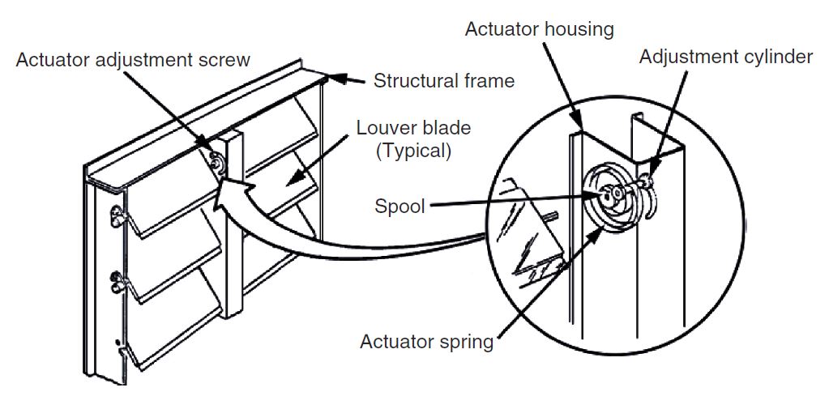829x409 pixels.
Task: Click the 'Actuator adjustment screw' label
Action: pyautogui.click(x=133, y=60)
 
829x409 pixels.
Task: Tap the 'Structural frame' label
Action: pyautogui.click(x=443, y=80)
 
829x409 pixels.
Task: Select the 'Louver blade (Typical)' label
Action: pyautogui.click(x=412, y=139)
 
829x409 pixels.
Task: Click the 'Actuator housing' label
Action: pyautogui.click(x=539, y=29)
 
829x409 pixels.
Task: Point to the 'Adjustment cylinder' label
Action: pyautogui.click(x=725, y=57)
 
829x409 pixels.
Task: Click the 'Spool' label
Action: pyautogui.click(x=400, y=206)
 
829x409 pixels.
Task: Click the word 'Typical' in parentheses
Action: pyautogui.click(x=414, y=151)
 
